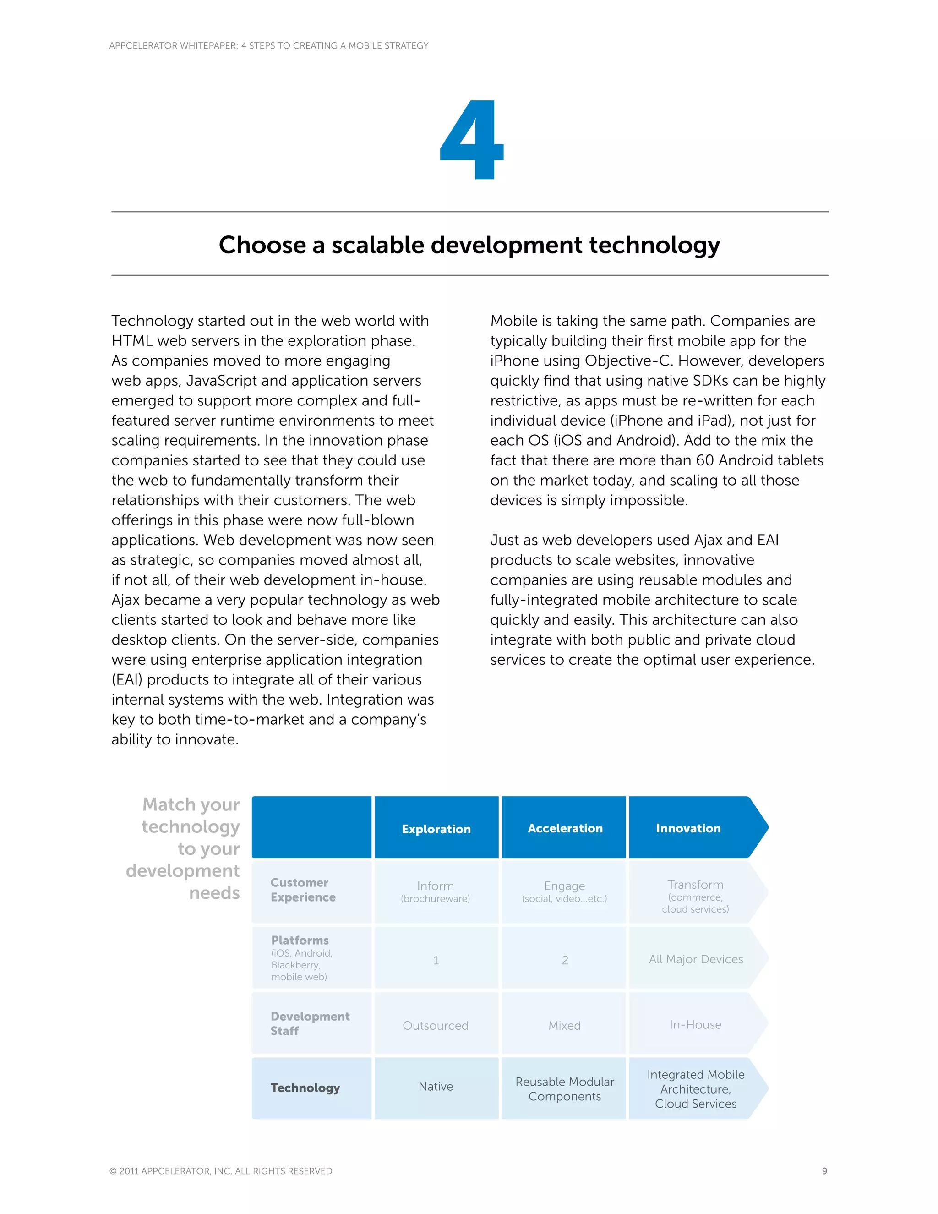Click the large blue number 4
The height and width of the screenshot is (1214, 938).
pyautogui.click(x=472, y=140)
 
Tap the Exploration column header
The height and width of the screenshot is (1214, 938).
pyautogui.click(x=436, y=829)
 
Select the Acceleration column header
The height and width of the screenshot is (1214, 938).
pyautogui.click(x=565, y=828)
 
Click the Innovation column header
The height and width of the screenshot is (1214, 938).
pyautogui.click(x=688, y=828)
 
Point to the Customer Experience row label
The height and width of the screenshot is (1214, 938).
pyautogui.click(x=303, y=890)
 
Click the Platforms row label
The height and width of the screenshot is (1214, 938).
pyautogui.click(x=300, y=941)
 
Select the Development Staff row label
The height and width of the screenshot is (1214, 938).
pyautogui.click(x=310, y=1023)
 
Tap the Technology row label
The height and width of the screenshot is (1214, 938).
pyautogui.click(x=305, y=1088)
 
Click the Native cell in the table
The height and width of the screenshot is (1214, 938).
pyautogui.click(x=436, y=1087)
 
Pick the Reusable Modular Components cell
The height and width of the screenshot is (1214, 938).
pyautogui.click(x=565, y=1089)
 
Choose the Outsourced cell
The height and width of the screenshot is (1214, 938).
pyautogui.click(x=435, y=1026)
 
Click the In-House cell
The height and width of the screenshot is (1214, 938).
pyautogui.click(x=695, y=1024)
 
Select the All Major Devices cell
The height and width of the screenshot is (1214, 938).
pyautogui.click(x=696, y=959)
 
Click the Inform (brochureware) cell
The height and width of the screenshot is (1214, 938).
pyautogui.click(x=435, y=891)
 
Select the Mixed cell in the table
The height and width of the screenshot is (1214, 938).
pyautogui.click(x=565, y=1026)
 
